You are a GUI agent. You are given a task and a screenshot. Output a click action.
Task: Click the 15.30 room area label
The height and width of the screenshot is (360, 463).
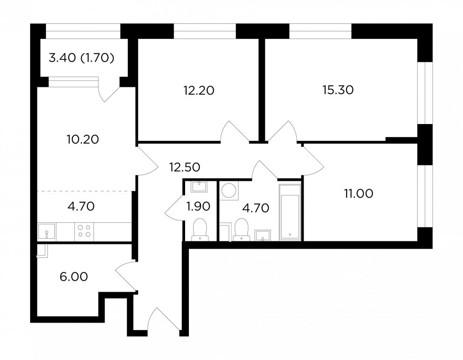(x=338, y=90)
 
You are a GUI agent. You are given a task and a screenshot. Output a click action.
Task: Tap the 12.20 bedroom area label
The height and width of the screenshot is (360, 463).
(x=199, y=91)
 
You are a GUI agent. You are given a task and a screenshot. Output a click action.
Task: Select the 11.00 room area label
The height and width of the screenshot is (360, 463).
(x=358, y=193)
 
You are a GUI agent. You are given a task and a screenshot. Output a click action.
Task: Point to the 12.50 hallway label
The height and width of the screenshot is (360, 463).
(x=185, y=167)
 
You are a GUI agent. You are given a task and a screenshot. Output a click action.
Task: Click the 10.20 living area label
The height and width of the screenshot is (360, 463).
(x=82, y=140)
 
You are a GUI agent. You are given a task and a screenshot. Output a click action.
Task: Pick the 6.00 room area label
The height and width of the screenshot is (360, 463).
(x=74, y=277)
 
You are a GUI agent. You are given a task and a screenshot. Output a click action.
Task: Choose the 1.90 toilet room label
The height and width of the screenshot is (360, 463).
(x=198, y=206)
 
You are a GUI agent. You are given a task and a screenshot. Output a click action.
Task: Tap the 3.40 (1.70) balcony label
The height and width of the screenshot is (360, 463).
(x=82, y=58)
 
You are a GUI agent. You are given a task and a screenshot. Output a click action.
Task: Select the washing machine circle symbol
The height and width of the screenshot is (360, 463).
(x=229, y=191)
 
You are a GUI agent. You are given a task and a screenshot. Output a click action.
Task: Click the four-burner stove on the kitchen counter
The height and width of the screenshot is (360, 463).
(x=84, y=232)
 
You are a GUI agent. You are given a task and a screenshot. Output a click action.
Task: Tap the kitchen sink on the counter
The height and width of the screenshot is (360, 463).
(x=47, y=231)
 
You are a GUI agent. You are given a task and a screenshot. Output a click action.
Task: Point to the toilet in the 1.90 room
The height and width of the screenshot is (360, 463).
(x=200, y=229)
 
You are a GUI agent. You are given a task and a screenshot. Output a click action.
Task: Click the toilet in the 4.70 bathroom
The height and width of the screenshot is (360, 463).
(x=241, y=229)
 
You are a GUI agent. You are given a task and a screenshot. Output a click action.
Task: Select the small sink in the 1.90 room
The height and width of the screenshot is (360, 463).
(x=199, y=186)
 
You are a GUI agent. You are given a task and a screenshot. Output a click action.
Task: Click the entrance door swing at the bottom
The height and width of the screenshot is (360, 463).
(x=164, y=319)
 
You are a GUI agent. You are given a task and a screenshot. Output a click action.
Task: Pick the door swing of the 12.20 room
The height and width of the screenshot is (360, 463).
(x=235, y=131)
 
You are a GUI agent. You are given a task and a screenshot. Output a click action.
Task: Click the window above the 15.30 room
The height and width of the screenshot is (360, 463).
(x=320, y=31)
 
